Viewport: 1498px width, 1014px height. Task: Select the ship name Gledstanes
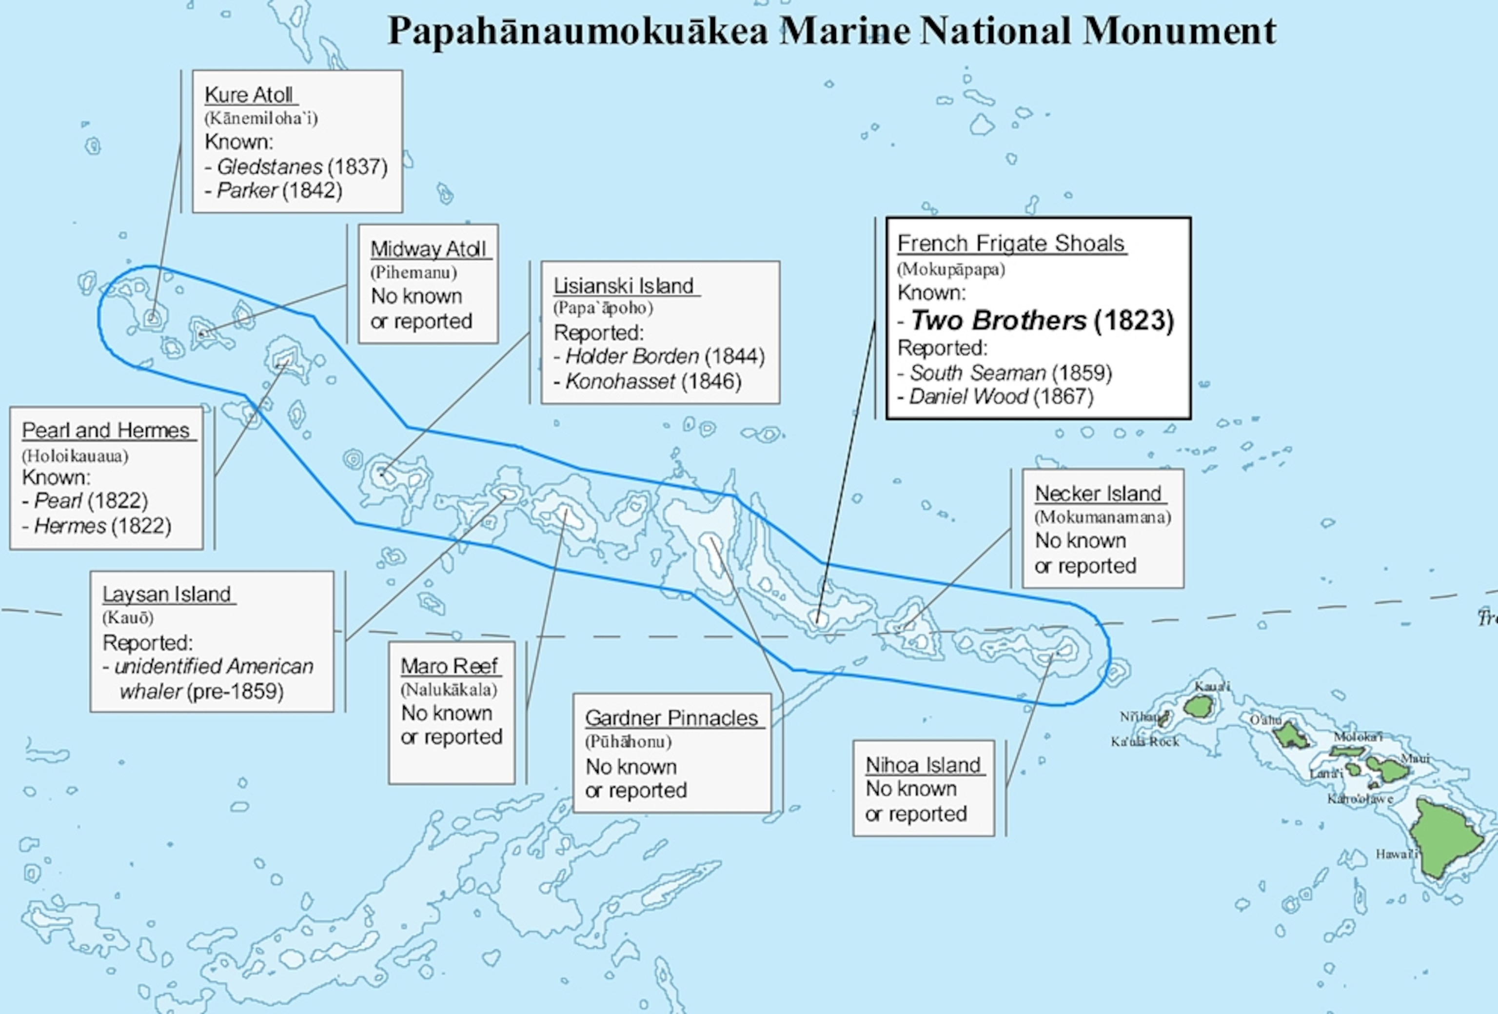click(x=270, y=167)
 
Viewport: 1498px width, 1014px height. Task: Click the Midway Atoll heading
click(x=428, y=249)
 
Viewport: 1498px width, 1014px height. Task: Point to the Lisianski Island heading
click(x=623, y=286)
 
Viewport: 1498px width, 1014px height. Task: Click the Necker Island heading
click(x=1098, y=493)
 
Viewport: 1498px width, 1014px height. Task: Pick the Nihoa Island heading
click(x=923, y=765)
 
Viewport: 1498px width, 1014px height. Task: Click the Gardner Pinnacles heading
click(x=671, y=717)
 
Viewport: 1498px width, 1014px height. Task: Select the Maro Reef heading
click(x=449, y=665)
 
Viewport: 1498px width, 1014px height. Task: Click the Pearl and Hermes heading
click(x=106, y=430)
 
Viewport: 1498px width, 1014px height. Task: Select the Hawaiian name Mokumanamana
click(x=1102, y=517)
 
